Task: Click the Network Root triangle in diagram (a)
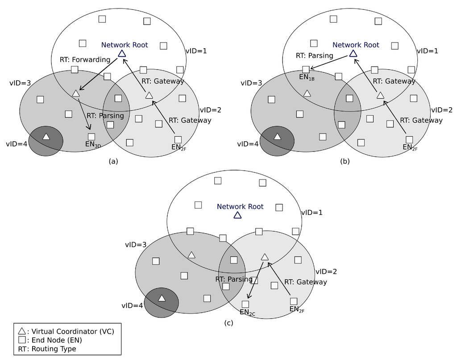(122, 54)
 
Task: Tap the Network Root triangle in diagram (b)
(353, 54)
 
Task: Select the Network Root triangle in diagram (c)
(237, 215)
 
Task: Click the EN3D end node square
(91, 136)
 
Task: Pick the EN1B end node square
(306, 70)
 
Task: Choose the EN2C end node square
(245, 304)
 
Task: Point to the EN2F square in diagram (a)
(178, 139)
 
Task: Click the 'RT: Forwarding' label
(85, 59)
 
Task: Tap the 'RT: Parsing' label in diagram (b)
(314, 56)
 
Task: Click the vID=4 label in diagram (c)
(132, 306)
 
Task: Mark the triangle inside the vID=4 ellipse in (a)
(46, 137)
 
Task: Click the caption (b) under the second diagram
(345, 162)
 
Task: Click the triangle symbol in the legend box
(21, 331)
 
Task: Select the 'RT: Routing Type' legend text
(47, 349)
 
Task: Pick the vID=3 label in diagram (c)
(135, 245)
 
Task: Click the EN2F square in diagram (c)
(294, 301)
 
